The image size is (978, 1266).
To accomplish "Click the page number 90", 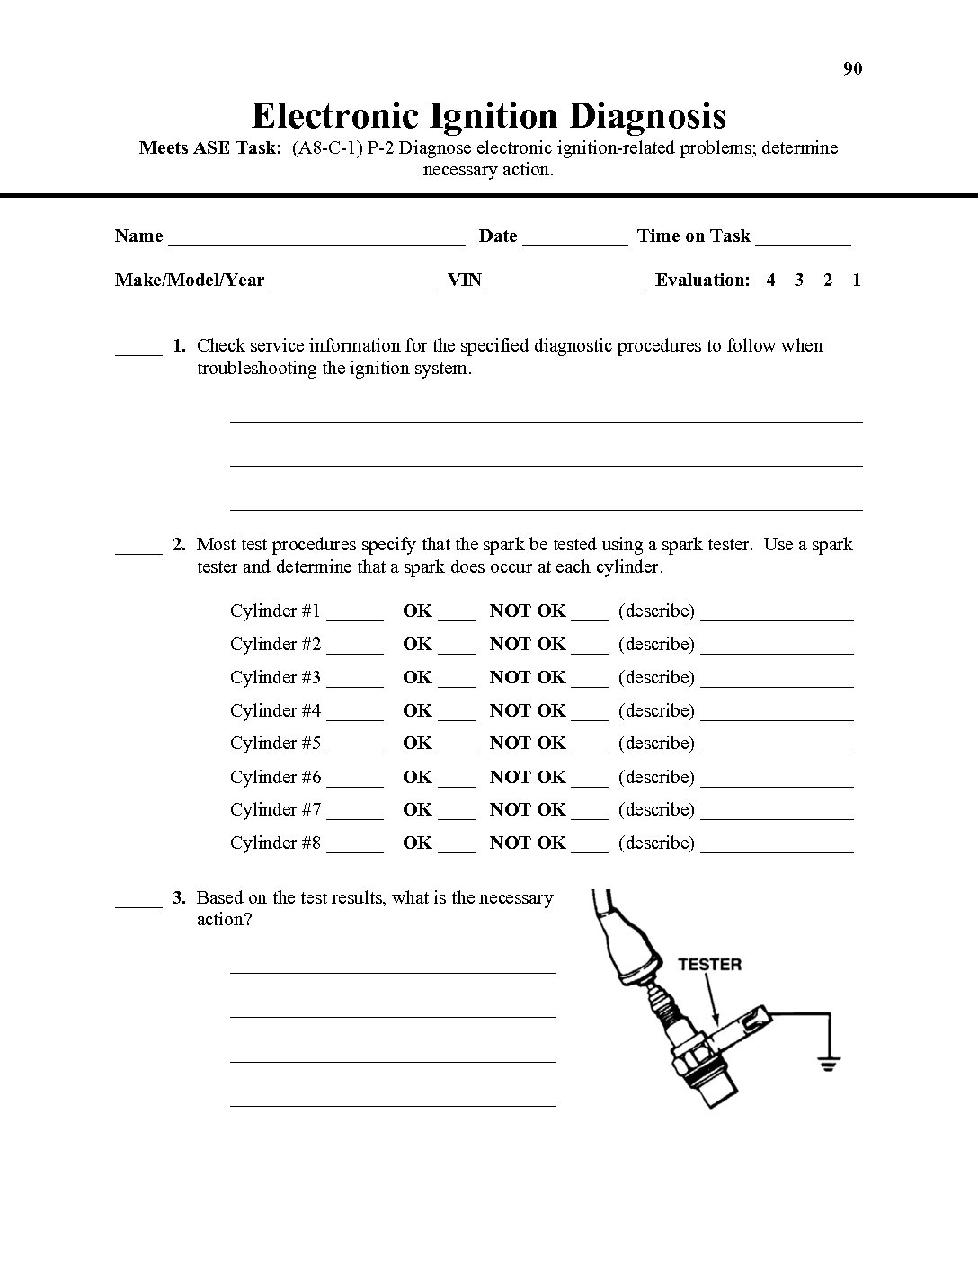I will pos(852,69).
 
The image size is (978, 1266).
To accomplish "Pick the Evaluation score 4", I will pos(770,280).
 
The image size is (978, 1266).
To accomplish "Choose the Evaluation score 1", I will pos(857,280).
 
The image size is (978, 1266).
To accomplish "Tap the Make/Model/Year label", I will pos(189,280).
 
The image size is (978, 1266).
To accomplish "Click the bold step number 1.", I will pos(179,345).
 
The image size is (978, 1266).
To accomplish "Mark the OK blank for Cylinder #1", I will pos(458,616).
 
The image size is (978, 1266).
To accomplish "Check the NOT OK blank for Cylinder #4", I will pos(590,716).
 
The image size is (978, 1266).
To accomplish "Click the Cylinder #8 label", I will pos(275,843).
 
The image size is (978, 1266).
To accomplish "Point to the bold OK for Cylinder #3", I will pos(417,677).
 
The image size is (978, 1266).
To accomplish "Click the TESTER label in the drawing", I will pos(709,965).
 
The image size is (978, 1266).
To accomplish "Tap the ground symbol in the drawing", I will pos(827,1063).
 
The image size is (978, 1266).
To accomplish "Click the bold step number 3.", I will pos(179,897).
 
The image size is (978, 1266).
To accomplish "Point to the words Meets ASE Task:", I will pos(210,147).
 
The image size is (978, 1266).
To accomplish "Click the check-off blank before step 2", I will pos(138,549).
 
